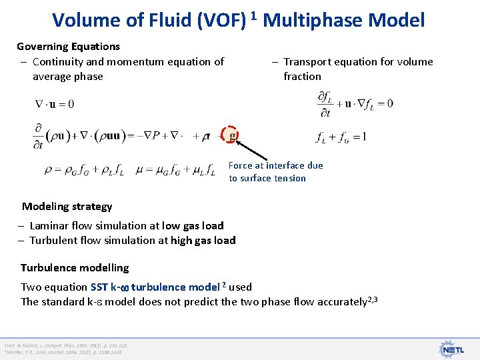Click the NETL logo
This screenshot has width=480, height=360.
point(454,348)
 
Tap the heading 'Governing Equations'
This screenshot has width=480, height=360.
point(68,47)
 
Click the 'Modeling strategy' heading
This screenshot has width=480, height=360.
point(67,207)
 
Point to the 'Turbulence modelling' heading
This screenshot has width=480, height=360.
point(75,268)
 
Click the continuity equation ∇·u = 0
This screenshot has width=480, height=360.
point(55,104)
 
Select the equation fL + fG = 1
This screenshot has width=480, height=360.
point(341,137)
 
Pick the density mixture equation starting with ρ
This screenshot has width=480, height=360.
point(84,170)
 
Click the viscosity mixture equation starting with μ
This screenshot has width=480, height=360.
point(175,170)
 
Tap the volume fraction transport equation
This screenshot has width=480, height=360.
point(355,103)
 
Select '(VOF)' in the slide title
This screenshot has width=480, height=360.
point(219,20)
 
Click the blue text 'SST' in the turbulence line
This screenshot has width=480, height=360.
point(102,287)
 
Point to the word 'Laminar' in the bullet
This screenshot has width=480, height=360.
point(51,226)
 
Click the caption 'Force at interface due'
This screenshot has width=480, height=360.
point(275,165)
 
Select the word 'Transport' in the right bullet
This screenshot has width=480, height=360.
point(307,62)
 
